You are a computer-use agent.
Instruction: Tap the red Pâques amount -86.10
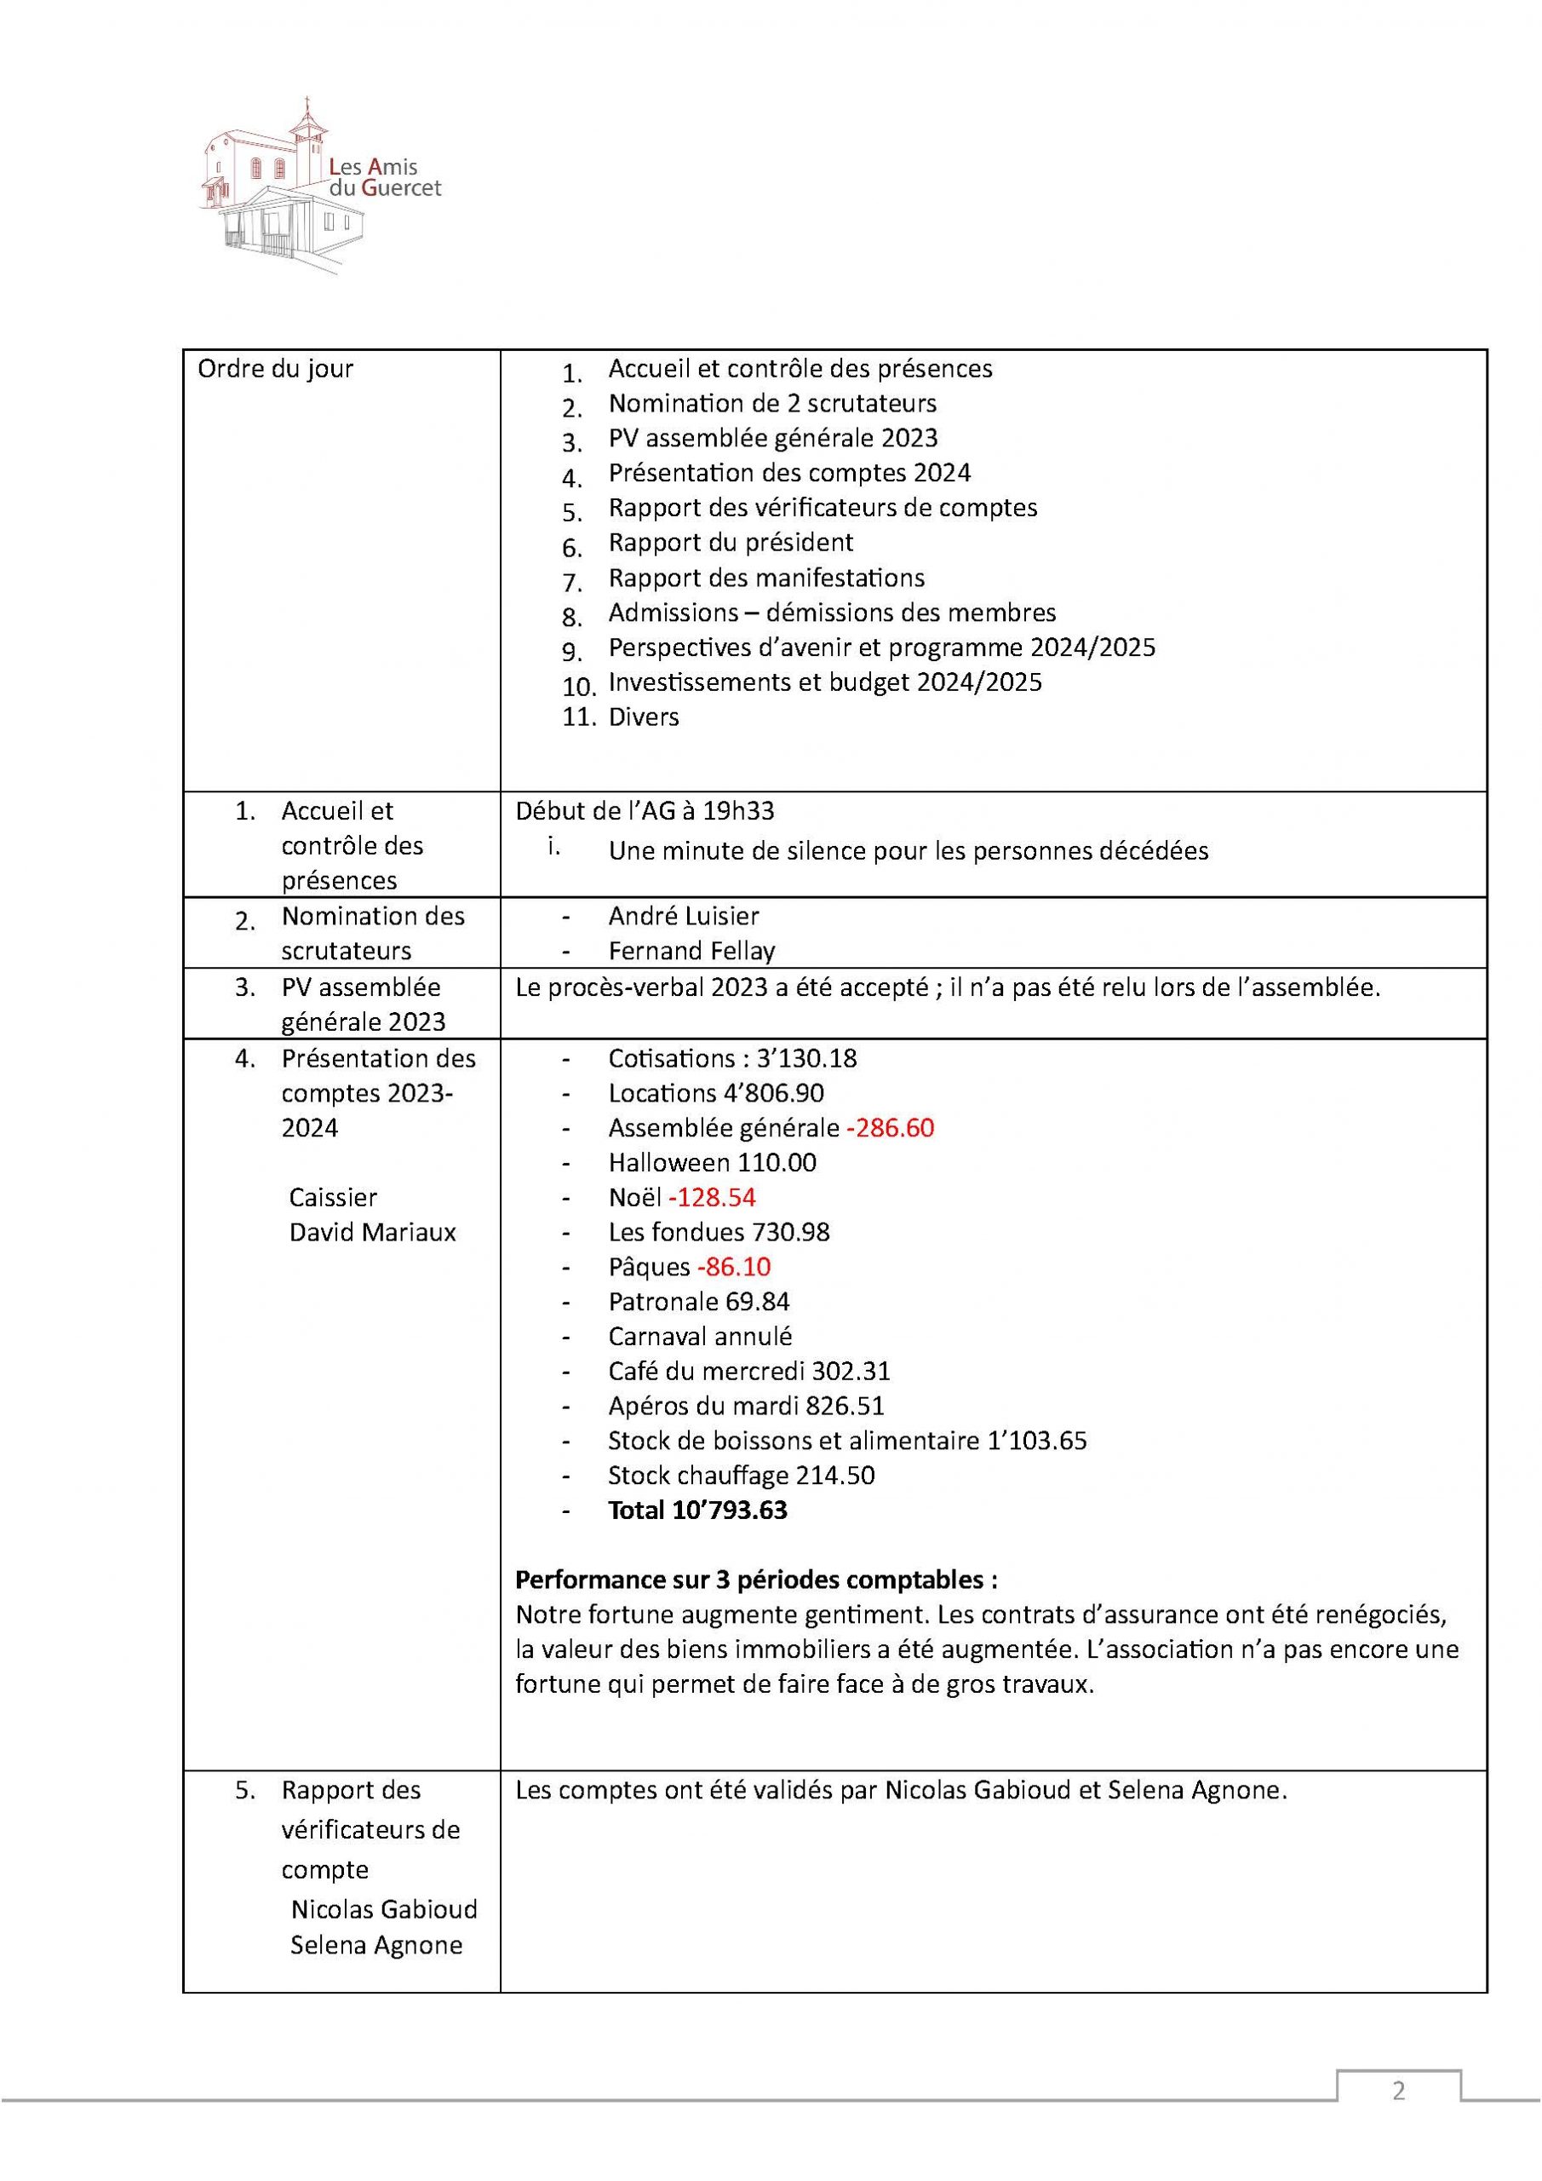click(x=733, y=1266)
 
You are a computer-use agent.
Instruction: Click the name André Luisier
click(x=684, y=916)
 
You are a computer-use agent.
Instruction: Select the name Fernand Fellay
click(x=691, y=950)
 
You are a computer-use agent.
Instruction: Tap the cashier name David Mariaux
click(x=372, y=1232)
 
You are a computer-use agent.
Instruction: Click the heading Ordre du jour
click(x=274, y=369)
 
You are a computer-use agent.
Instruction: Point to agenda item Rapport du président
click(x=731, y=543)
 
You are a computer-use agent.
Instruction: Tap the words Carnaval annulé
click(x=700, y=1336)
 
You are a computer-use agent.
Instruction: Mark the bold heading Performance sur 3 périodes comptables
click(x=756, y=1580)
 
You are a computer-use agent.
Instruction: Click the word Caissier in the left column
click(x=332, y=1197)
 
